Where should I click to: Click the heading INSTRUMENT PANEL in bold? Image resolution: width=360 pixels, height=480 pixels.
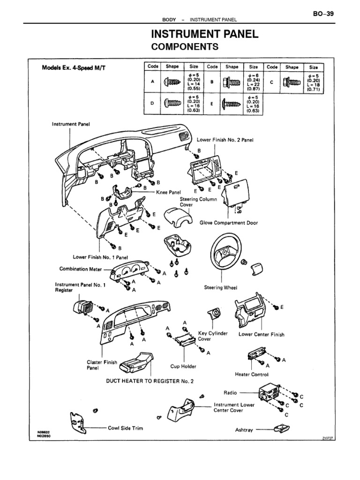pos(204,35)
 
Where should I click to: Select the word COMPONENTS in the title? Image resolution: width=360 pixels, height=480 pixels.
pos(184,47)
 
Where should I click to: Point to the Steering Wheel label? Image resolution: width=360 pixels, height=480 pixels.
pos(221,287)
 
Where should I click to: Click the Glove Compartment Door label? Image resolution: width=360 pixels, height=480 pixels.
pos(229,223)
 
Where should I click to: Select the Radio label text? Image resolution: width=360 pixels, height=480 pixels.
pos(230,392)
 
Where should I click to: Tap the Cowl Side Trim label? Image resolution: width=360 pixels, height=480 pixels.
pos(125,428)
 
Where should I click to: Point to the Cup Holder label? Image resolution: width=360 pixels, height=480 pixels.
pos(183,366)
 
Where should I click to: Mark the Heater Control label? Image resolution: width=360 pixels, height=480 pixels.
pos(252,375)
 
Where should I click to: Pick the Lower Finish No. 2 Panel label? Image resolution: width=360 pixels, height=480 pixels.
pos(225,140)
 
